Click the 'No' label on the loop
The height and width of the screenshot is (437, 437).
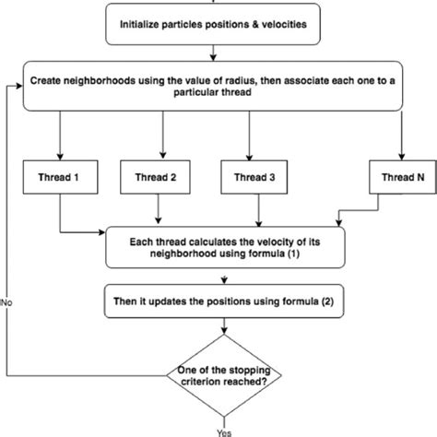click(x=6, y=301)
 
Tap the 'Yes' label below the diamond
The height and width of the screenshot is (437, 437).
click(x=224, y=430)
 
